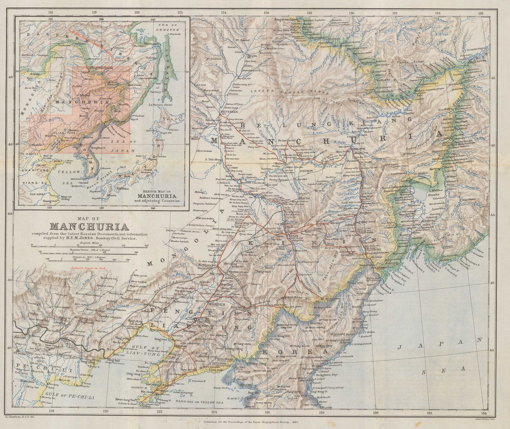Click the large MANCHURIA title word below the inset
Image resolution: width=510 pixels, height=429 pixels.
pos(89,227)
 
